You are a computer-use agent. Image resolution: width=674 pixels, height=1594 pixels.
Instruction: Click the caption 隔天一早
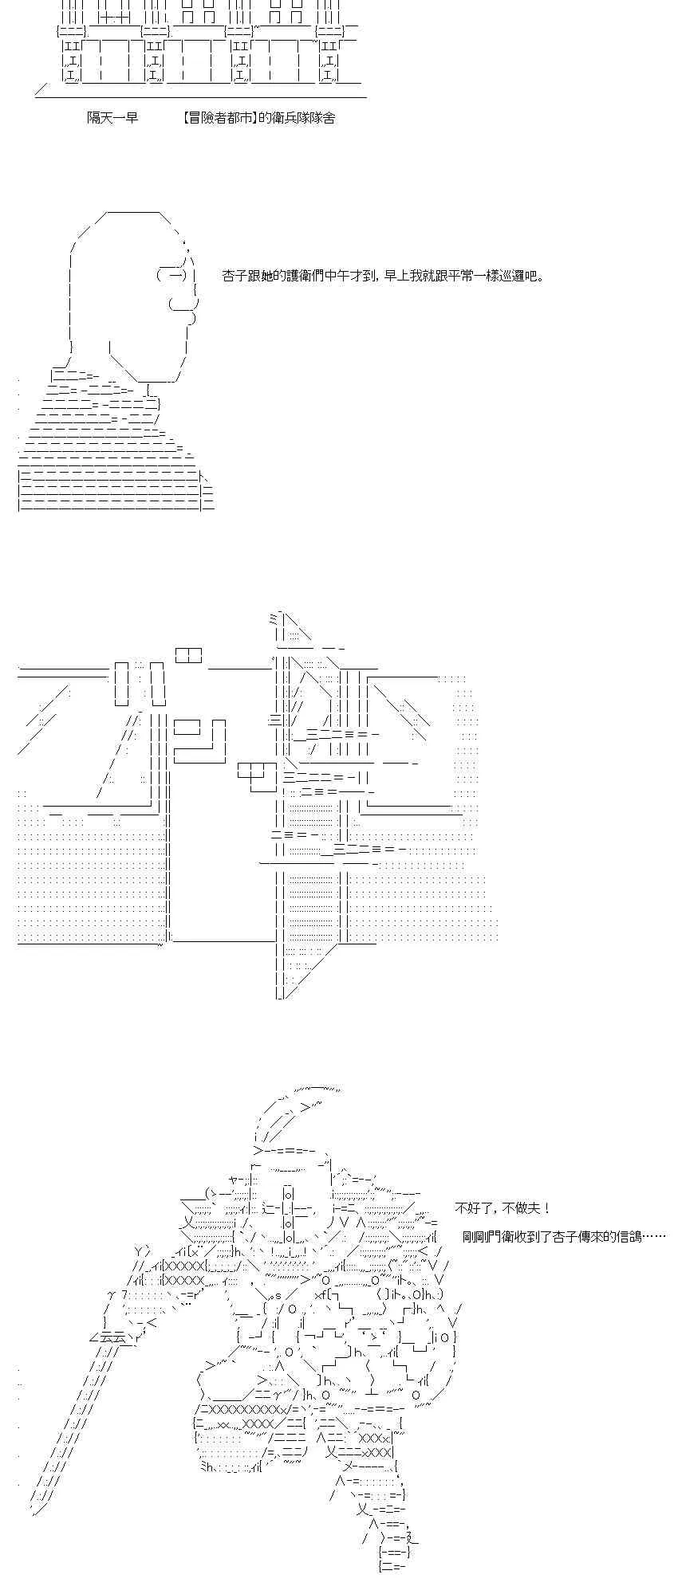112,118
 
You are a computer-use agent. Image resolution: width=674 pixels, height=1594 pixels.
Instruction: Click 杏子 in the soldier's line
565,1236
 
